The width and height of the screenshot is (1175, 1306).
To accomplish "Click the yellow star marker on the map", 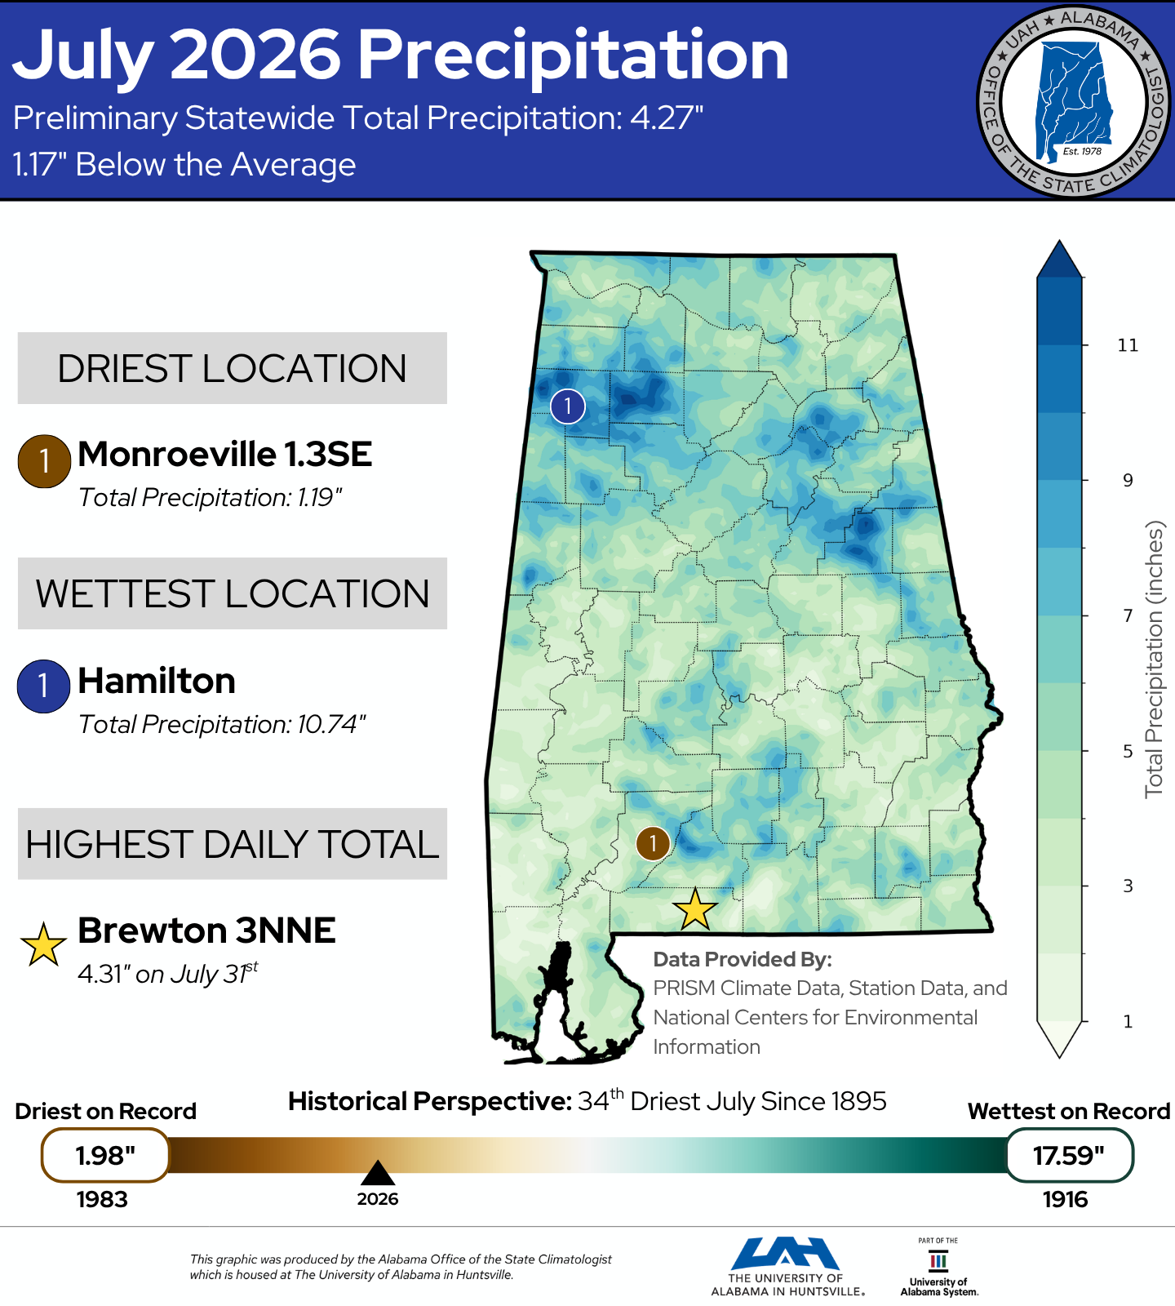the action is click(x=695, y=909).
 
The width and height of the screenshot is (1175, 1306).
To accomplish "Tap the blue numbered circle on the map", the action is click(x=568, y=406).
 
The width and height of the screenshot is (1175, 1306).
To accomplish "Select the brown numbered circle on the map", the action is click(x=653, y=843).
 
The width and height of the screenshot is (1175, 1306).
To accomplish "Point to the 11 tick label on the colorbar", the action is click(x=1128, y=345).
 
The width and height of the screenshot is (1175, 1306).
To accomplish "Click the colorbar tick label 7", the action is click(x=1128, y=615).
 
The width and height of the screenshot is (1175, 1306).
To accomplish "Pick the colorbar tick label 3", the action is click(x=1128, y=886).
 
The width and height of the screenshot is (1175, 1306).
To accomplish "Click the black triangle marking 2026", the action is click(x=378, y=1173).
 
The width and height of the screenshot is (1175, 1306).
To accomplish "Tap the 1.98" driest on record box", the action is click(x=105, y=1155).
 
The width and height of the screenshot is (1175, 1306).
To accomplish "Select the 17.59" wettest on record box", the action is click(x=1069, y=1155).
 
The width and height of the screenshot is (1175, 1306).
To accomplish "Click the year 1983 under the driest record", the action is click(x=102, y=1199).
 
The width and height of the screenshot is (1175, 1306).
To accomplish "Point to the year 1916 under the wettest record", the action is click(x=1065, y=1199).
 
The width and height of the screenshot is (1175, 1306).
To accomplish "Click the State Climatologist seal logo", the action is click(x=1074, y=102).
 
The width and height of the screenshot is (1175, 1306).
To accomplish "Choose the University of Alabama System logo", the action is click(x=939, y=1268).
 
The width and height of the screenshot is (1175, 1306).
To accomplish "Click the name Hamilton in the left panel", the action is click(x=157, y=680).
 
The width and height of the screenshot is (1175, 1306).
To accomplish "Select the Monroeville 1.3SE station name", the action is click(x=225, y=454).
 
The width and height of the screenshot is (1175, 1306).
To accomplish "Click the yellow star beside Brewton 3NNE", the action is click(x=43, y=944).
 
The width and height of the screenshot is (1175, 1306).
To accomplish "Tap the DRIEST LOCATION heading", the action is click(x=232, y=368).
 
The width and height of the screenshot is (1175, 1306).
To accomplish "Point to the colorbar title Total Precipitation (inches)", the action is click(x=1154, y=660).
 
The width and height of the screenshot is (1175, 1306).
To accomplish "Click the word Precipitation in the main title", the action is click(x=574, y=56).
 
